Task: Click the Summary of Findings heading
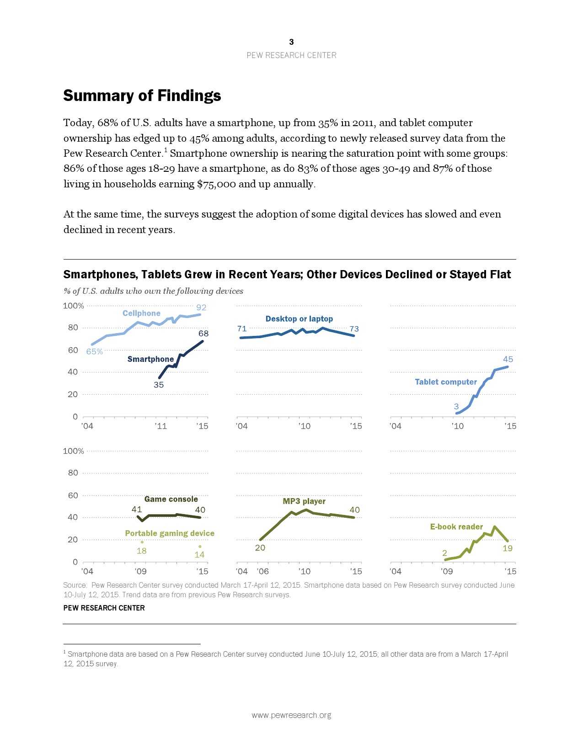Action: [x=142, y=96]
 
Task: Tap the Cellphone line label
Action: [x=141, y=313]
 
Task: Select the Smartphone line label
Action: [x=150, y=359]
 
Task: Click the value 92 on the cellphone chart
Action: [x=201, y=308]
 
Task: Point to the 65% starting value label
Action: [x=95, y=351]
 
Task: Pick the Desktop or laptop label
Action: [x=299, y=319]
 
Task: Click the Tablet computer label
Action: [x=445, y=382]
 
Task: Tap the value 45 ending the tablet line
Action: [x=508, y=360]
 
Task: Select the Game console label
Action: [x=171, y=499]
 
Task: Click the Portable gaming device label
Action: [x=170, y=533]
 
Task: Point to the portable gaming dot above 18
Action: [x=142, y=542]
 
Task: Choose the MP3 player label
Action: [x=304, y=501]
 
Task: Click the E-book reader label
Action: [x=456, y=527]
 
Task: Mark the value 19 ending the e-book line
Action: [x=508, y=548]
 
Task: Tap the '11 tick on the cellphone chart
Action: [x=160, y=426]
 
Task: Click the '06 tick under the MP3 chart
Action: [x=262, y=571]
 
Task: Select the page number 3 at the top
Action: [x=291, y=42]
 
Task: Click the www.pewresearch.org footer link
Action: [x=291, y=715]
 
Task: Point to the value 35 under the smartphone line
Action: [x=159, y=385]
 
